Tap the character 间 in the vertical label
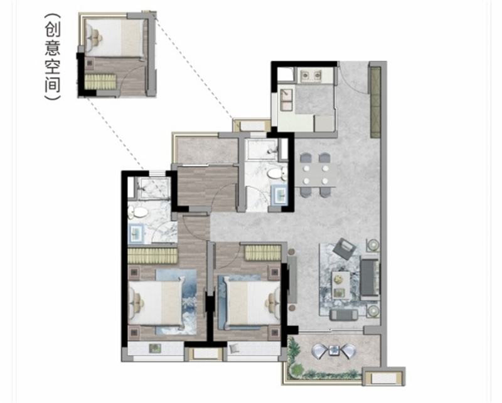(x=53, y=83)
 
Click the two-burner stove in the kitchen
(x=310, y=75)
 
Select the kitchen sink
(x=286, y=100)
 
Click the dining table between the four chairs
(x=315, y=175)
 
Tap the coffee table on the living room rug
(x=340, y=285)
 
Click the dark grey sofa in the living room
(x=370, y=277)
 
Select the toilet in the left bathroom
(x=137, y=211)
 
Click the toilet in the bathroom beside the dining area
(x=276, y=174)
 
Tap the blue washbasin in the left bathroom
(x=136, y=233)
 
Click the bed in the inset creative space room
(x=115, y=38)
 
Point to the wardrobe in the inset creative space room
(x=100, y=81)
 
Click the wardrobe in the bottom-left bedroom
(x=152, y=256)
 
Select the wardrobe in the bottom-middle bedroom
(x=263, y=253)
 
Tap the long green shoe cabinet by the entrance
(x=375, y=102)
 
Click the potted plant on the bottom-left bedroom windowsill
(x=156, y=348)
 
